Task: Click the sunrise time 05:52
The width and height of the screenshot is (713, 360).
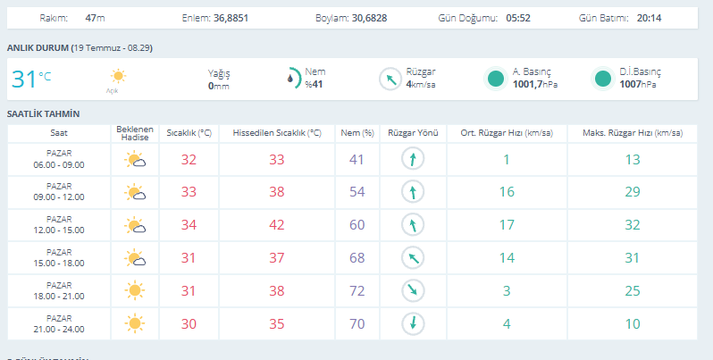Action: pos(518,18)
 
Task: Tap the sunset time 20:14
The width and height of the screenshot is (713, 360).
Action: pos(649,18)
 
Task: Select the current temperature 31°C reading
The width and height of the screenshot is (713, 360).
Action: pos(31,80)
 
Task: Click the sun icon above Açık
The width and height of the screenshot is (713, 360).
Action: pos(118,76)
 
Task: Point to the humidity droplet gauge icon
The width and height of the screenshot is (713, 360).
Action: pos(294,79)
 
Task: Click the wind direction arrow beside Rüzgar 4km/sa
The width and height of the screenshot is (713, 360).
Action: pos(390,79)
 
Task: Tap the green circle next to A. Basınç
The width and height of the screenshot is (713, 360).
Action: pos(495,79)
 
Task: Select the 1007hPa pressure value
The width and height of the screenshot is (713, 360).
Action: pos(638,84)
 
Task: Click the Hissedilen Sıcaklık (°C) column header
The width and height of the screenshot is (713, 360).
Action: pos(277,133)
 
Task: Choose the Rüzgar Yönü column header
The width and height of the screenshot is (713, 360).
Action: pos(413,133)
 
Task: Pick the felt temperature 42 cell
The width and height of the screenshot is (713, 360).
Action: pos(277,225)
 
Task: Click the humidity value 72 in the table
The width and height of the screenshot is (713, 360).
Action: pos(357,291)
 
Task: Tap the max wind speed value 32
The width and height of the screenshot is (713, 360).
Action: pos(633,225)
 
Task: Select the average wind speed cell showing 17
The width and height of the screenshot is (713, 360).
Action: pos(507,225)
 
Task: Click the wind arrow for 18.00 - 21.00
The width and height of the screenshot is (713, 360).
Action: pos(413,290)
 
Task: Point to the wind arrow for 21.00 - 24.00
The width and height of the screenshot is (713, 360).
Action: pos(413,323)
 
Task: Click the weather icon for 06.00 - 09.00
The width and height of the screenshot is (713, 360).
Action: pos(135,160)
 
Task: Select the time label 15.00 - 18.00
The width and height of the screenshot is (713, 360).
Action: pos(59,264)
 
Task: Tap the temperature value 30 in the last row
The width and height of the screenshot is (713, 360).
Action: pos(189,324)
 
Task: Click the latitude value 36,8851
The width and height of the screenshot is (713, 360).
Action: pos(231,18)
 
